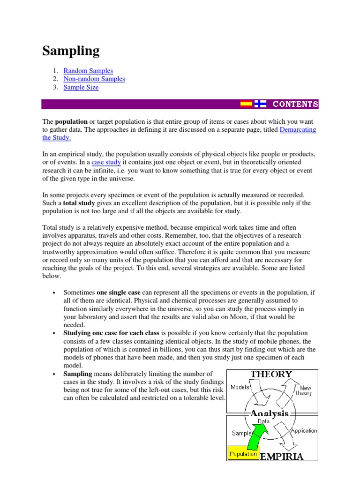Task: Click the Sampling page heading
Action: coord(71,51)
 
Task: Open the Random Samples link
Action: coord(88,71)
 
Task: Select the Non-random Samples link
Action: coord(94,79)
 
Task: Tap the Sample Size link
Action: coord(81,88)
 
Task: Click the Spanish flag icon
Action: coord(246,104)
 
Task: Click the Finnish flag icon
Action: coord(260,104)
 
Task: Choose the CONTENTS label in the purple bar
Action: coord(295,104)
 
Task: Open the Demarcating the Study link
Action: coord(298,130)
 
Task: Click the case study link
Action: coord(106,162)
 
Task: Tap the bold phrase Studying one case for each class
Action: coord(112,333)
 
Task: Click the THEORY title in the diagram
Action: coord(271,375)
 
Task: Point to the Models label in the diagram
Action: coord(240,387)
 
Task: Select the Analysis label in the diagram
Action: coord(270,413)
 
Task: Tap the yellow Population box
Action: coord(243,454)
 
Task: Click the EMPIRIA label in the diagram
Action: coord(294,456)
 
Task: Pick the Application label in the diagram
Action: coord(304,430)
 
